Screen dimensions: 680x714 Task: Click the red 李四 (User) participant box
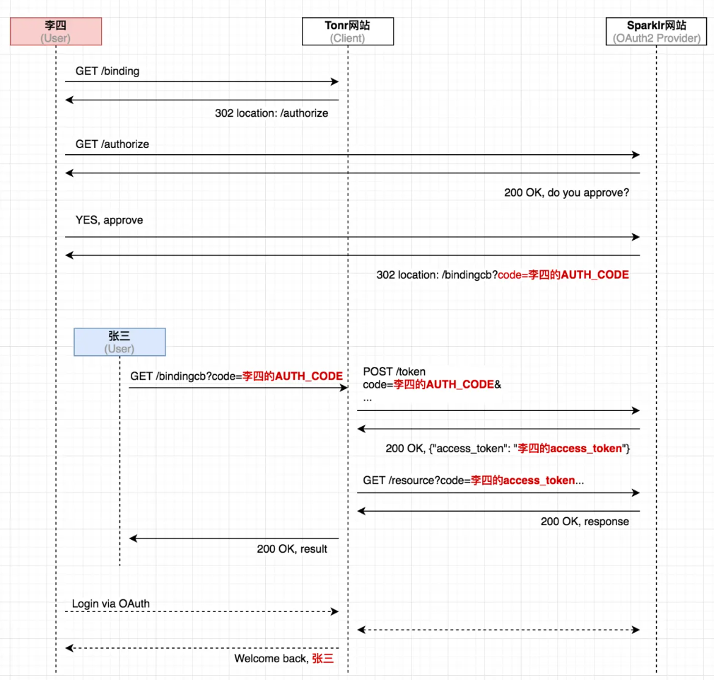click(x=56, y=31)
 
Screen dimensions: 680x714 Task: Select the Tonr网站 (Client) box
click(x=347, y=31)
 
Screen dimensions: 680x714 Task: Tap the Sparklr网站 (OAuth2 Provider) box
click(x=657, y=31)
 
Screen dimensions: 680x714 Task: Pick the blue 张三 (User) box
click(x=119, y=342)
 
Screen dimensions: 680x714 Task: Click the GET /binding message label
click(x=107, y=71)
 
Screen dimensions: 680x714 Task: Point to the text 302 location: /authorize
click(x=271, y=113)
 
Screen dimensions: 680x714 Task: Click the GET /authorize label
click(x=112, y=144)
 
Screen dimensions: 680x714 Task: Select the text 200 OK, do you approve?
click(x=566, y=192)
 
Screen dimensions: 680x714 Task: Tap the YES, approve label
click(x=109, y=220)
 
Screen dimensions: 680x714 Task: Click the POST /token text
click(x=394, y=371)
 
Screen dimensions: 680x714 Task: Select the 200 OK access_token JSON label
click(x=508, y=448)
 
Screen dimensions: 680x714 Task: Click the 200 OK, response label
click(x=585, y=521)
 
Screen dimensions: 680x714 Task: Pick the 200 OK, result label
click(x=292, y=548)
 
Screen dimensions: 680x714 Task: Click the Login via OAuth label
click(x=110, y=604)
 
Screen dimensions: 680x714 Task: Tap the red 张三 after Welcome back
click(x=322, y=659)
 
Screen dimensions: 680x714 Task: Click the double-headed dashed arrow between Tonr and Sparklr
click(x=498, y=629)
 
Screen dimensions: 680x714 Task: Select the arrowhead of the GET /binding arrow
click(x=335, y=82)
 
